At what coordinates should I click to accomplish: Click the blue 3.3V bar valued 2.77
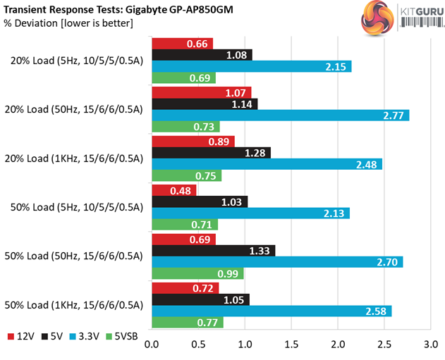[281, 116]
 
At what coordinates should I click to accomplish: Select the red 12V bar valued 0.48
[174, 191]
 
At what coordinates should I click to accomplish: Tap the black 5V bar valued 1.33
[214, 251]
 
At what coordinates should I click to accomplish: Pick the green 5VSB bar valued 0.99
[197, 273]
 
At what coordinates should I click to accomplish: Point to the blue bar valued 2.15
[252, 66]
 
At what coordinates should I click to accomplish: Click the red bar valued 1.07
[202, 93]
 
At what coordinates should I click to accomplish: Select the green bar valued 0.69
[184, 77]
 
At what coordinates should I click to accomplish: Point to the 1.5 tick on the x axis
[291, 346]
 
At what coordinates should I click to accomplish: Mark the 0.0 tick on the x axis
[152, 346]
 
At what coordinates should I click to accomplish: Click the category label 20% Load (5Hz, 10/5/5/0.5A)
[76, 61]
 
